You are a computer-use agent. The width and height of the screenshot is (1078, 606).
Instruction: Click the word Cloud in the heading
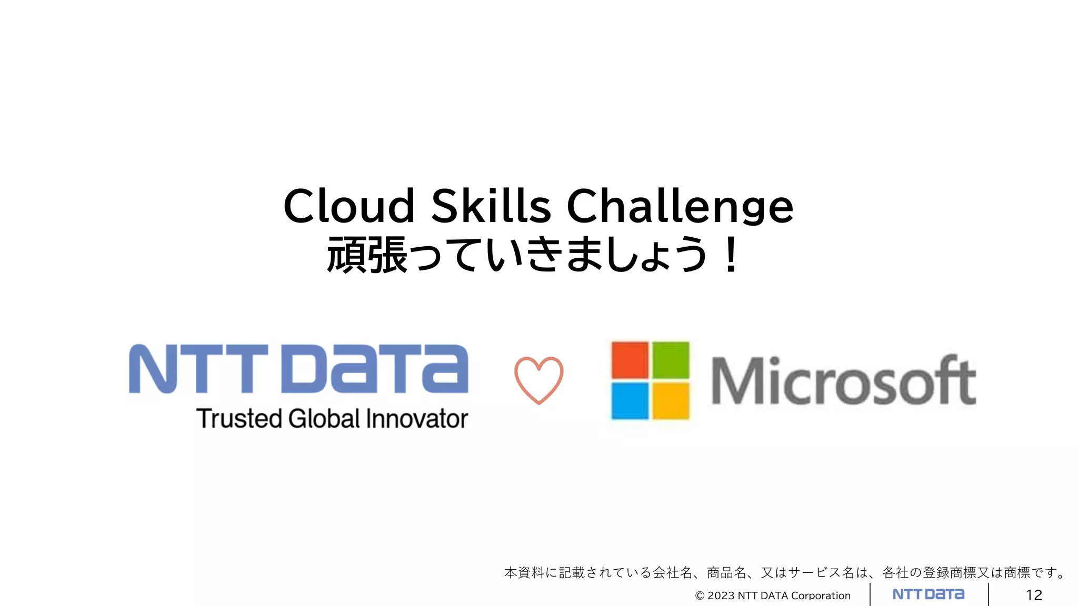click(x=349, y=206)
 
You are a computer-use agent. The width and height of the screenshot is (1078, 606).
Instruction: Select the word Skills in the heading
click(x=491, y=206)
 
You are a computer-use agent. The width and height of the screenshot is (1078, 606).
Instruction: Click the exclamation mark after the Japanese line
click(x=731, y=255)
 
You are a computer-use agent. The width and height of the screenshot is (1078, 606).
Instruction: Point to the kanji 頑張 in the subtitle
click(x=367, y=255)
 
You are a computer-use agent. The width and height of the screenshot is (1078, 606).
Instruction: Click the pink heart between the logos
click(x=538, y=380)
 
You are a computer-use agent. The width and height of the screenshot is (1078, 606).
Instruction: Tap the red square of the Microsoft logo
click(x=630, y=360)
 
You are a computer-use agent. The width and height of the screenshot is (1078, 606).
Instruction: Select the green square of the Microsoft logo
click(x=671, y=360)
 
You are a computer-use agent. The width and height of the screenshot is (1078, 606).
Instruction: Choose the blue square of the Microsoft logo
click(x=630, y=401)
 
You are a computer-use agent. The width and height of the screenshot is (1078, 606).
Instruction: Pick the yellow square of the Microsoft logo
click(x=671, y=401)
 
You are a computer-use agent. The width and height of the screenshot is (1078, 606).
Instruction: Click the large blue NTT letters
click(x=198, y=369)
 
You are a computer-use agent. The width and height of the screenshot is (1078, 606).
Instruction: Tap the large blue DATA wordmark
click(x=375, y=369)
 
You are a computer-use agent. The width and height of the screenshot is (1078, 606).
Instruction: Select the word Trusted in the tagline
click(x=239, y=419)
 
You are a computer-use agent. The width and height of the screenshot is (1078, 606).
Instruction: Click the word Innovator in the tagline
click(x=417, y=419)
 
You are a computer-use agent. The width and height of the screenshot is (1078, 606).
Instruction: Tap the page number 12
click(x=1034, y=595)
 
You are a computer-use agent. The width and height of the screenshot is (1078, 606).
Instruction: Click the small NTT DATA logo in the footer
click(x=929, y=594)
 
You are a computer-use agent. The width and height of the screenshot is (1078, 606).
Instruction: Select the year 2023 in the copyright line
click(x=721, y=595)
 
